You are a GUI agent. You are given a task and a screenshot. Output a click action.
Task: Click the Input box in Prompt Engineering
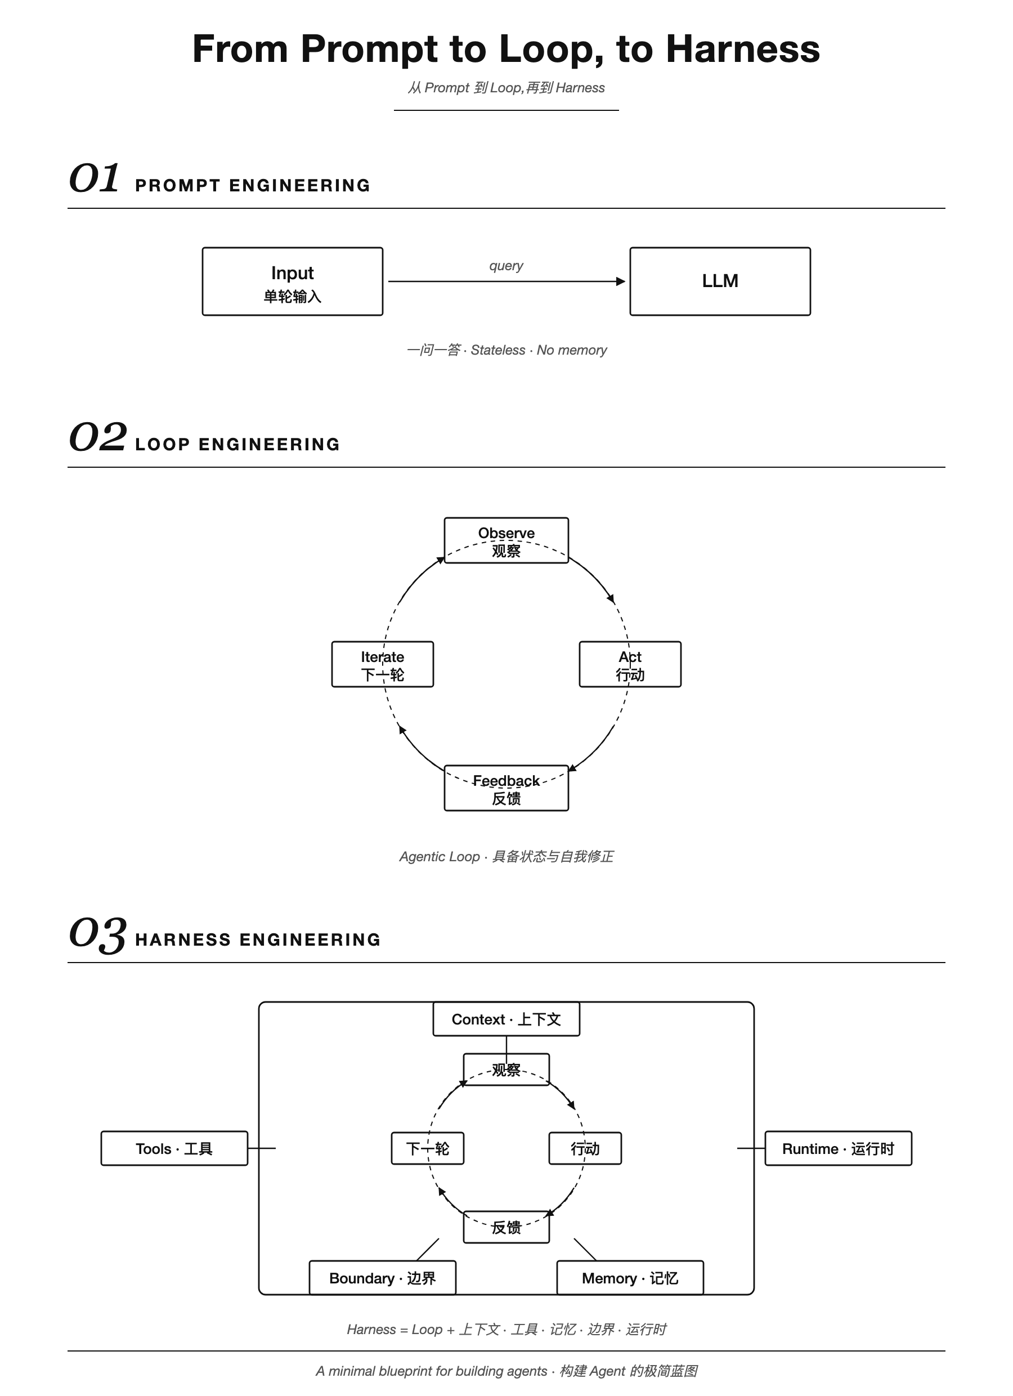coord(292,281)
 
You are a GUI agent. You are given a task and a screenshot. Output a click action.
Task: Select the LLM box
coord(720,281)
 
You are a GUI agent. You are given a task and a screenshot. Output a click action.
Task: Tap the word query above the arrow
coord(506,266)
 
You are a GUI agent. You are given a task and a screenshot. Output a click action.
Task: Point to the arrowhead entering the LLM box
coord(621,281)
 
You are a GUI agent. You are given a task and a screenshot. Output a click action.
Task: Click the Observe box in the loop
coord(507,540)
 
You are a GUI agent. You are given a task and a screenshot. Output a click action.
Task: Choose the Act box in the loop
coord(630,664)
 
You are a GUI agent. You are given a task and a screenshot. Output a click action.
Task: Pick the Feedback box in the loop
coord(507,788)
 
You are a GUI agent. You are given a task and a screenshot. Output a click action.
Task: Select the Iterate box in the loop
coord(383,664)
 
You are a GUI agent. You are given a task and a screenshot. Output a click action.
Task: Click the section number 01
coord(93,178)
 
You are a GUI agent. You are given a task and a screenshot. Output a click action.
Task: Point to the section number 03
coord(98,934)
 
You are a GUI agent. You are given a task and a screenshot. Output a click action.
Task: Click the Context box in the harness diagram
coord(507,1019)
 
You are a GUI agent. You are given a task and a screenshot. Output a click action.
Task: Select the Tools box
coord(174,1148)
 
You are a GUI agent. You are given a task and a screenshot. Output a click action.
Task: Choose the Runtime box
coord(838,1148)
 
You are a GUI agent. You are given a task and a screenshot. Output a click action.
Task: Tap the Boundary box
coord(383,1278)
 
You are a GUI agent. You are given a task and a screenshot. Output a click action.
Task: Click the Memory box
coord(630,1278)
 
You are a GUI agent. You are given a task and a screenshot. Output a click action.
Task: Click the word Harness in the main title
coord(743,48)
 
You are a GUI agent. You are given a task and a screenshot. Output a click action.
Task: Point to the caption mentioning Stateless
coord(507,350)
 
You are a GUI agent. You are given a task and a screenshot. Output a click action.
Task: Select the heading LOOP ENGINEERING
coord(237,444)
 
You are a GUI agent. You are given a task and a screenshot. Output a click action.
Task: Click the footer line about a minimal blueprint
coord(507,1371)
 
